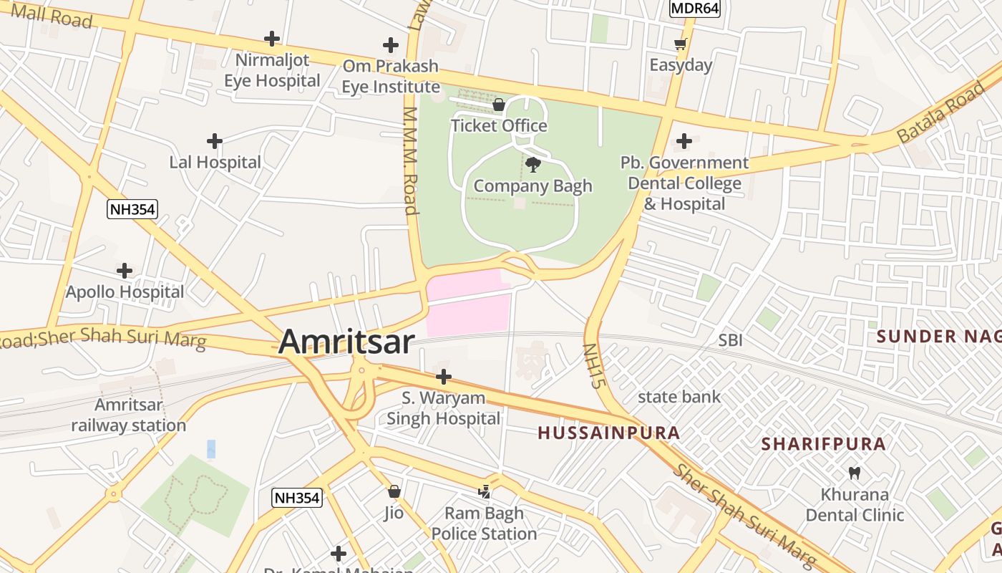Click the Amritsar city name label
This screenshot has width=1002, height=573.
tap(346, 342)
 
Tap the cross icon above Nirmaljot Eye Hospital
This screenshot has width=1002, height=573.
tap(272, 39)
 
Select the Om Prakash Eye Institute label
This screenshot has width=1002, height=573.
tap(390, 77)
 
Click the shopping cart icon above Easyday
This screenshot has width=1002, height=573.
tap(681, 44)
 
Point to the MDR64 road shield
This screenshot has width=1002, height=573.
tap(694, 8)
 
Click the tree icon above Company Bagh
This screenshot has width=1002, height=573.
tap(532, 165)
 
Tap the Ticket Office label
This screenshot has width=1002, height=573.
tap(499, 126)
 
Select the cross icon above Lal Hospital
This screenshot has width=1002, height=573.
tap(214, 141)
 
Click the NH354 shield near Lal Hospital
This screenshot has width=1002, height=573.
tap(132, 209)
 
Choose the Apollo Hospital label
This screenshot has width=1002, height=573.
tap(125, 292)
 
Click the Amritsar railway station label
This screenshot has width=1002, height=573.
tap(129, 415)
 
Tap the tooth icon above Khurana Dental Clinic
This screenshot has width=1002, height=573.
tap(853, 473)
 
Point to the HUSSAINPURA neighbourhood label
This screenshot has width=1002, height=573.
tap(608, 433)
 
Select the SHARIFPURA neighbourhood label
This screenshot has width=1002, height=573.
tap(823, 444)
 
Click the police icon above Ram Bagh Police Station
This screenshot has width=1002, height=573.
tap(485, 492)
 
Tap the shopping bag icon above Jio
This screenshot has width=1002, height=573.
tap(394, 492)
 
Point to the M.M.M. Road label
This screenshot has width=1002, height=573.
tap(410, 161)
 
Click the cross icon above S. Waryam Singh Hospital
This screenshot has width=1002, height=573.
tap(444, 377)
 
